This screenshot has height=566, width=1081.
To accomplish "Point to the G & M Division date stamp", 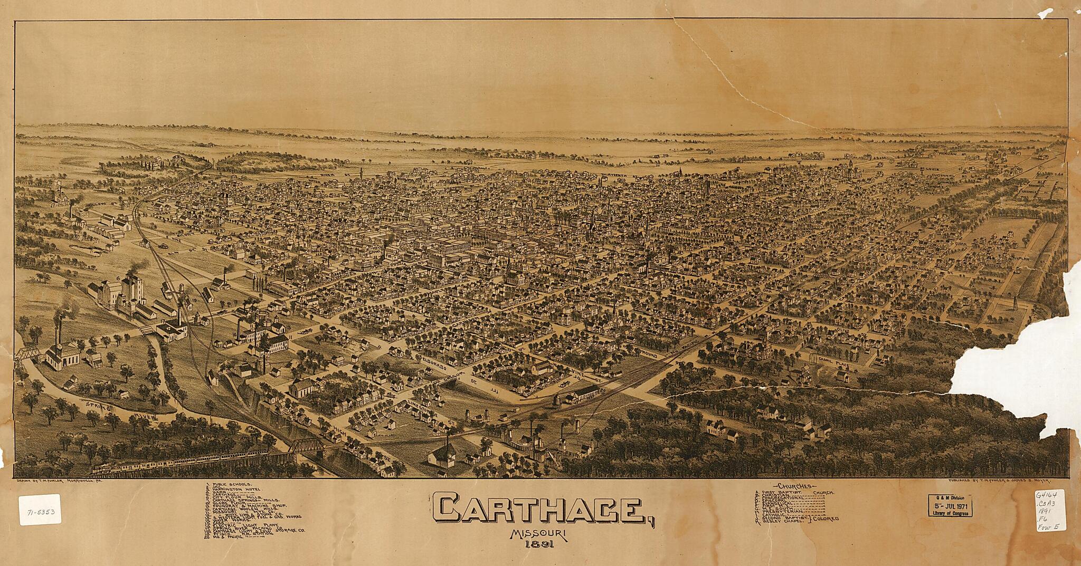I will point(950,507).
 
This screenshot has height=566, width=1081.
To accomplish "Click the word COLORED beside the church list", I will point(826,519).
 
